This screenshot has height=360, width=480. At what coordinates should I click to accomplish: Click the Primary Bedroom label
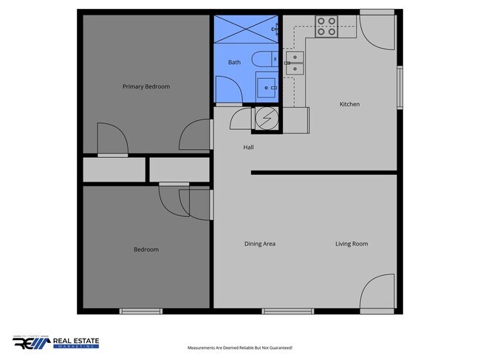click(x=145, y=86)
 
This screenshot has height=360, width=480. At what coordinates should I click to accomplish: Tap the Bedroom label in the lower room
click(x=145, y=249)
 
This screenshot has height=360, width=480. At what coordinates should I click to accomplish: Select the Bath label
click(x=234, y=63)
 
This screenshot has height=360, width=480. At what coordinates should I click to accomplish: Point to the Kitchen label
click(x=349, y=104)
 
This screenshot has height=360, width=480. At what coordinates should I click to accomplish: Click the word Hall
click(x=249, y=148)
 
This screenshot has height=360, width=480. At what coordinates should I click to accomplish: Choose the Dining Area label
click(x=260, y=243)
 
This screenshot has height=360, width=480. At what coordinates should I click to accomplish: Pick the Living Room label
click(x=352, y=243)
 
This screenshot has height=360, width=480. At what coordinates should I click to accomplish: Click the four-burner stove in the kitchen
click(x=326, y=27)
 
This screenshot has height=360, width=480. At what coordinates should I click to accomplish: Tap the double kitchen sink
click(x=295, y=63)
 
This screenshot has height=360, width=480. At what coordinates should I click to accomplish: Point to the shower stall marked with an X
click(x=244, y=30)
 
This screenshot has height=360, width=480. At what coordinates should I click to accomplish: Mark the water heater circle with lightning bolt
click(x=266, y=120)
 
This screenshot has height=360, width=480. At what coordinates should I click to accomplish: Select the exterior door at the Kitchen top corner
click(x=377, y=27)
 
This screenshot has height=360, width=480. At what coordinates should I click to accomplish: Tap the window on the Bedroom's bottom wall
click(x=140, y=311)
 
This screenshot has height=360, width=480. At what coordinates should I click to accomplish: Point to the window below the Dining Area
click(x=282, y=311)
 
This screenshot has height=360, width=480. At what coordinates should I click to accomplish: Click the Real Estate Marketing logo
click(x=55, y=343)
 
